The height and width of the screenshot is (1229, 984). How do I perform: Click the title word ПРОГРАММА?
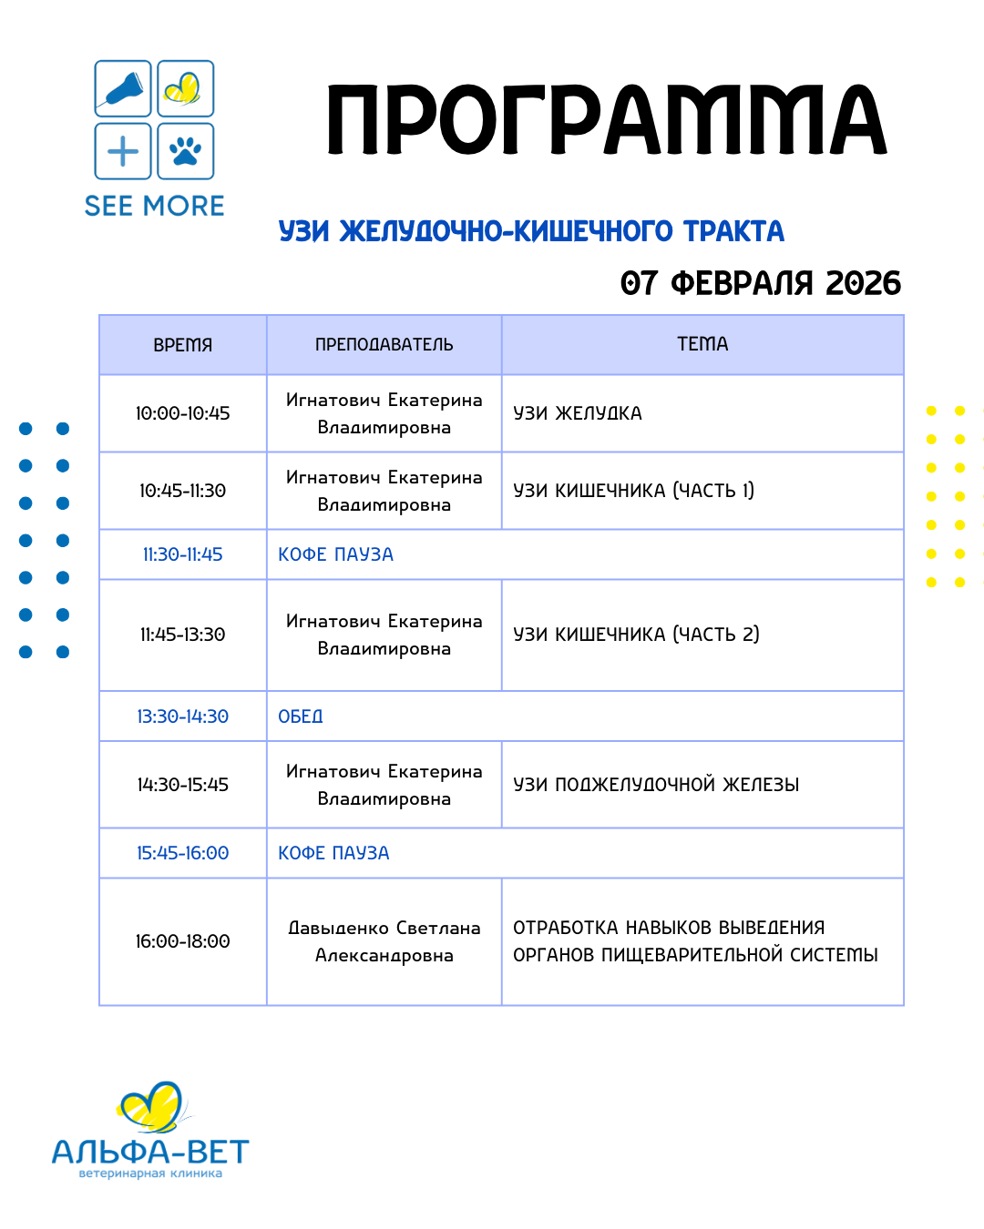point(606,121)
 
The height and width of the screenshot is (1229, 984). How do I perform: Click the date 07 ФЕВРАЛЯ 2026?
point(760,283)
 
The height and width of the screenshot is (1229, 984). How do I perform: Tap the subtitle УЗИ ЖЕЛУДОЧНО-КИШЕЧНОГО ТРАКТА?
point(531,231)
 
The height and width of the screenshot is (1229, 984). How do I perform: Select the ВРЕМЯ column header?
point(182,345)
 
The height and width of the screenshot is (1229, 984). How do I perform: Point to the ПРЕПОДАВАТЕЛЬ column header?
point(384,345)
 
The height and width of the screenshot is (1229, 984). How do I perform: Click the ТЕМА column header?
point(702,344)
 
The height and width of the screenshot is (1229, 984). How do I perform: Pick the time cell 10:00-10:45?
point(182,413)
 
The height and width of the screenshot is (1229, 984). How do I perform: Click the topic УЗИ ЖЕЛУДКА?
point(578,413)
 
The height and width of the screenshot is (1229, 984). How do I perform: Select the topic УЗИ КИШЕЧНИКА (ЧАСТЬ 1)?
point(633,491)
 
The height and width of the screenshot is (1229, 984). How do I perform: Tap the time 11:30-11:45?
point(182,554)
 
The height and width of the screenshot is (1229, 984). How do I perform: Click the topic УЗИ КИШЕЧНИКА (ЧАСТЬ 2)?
point(636,635)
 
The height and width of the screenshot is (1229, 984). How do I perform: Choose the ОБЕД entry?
point(301,716)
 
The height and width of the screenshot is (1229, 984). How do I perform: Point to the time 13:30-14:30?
point(182,716)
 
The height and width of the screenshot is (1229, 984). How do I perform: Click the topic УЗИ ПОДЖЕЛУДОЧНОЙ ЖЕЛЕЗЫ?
point(656,785)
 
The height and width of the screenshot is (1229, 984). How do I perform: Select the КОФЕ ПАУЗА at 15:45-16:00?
point(333,853)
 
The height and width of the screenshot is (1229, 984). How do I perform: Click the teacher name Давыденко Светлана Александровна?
point(384,941)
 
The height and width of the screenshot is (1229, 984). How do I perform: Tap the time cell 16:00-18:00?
point(182,941)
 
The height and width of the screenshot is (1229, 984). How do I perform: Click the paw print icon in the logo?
point(186,151)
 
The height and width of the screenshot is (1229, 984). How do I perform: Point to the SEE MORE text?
point(154,207)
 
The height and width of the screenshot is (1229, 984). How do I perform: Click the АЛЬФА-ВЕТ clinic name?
point(150,1153)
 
